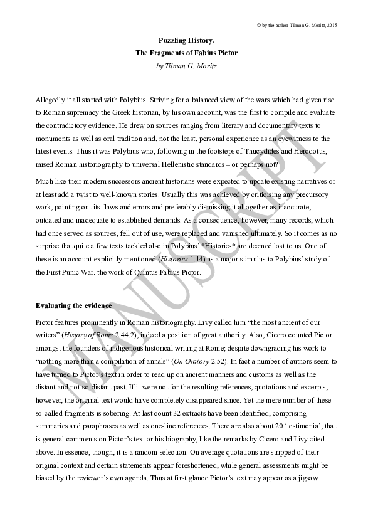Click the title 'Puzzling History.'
(x=186, y=39)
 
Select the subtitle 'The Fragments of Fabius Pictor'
(x=186, y=52)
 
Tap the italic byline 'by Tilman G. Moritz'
(x=186, y=65)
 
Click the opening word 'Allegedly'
(x=51, y=100)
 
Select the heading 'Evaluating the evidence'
(x=74, y=306)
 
